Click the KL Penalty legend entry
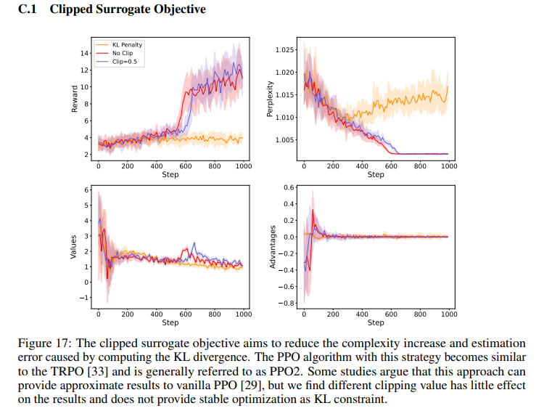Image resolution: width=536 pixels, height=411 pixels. click(x=127, y=44)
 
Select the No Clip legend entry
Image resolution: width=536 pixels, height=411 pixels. click(x=122, y=53)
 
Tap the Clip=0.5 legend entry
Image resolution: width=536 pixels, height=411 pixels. click(x=124, y=62)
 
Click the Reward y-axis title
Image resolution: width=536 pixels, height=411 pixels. click(x=75, y=99)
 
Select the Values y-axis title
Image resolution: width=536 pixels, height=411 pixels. click(x=73, y=247)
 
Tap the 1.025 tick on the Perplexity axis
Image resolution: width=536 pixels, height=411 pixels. click(x=286, y=49)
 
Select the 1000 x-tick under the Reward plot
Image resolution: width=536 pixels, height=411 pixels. click(x=243, y=166)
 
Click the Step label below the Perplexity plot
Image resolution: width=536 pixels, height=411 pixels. click(x=376, y=175)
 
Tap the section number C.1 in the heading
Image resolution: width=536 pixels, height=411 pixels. click(x=27, y=9)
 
